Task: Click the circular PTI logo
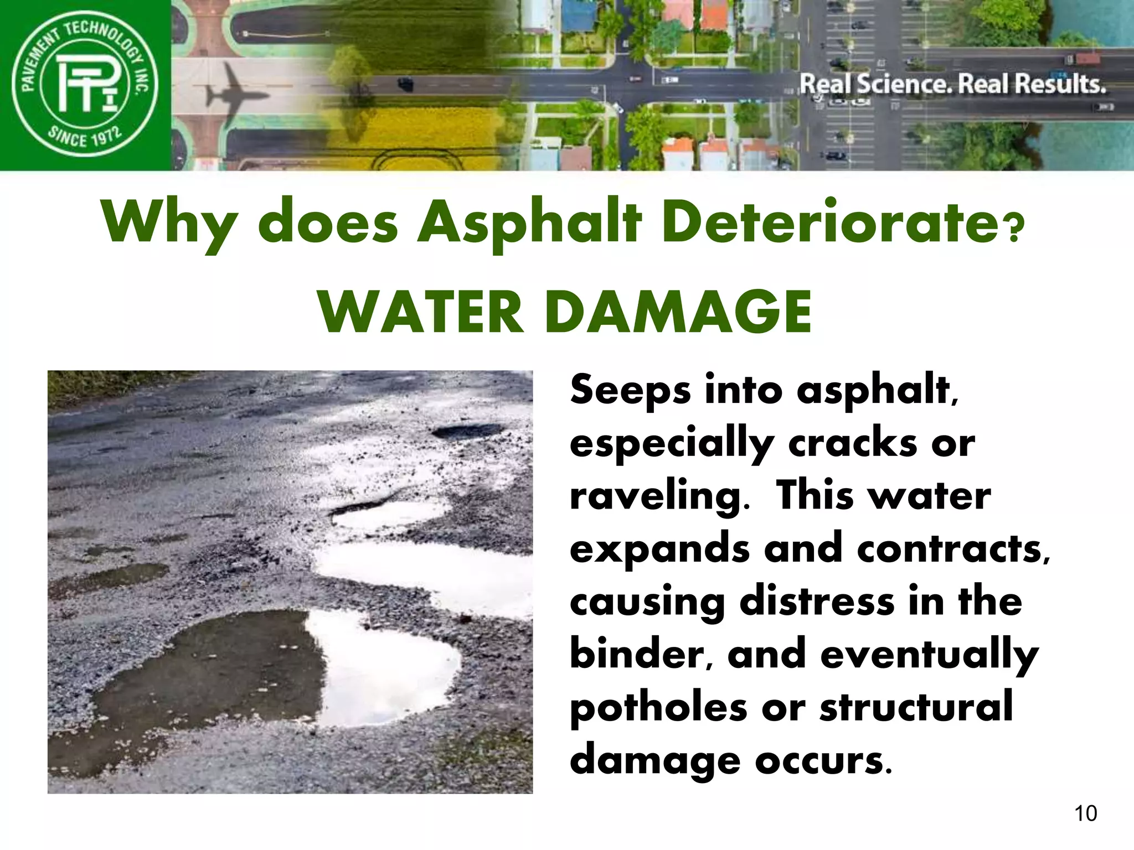coord(85,85)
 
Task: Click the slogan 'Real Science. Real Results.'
coord(952,85)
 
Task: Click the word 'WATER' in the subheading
coord(421,313)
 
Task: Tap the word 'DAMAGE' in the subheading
coord(678,313)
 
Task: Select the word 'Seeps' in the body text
coord(630,391)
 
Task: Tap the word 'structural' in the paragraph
coord(916,708)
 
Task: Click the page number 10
coord(1085,813)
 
